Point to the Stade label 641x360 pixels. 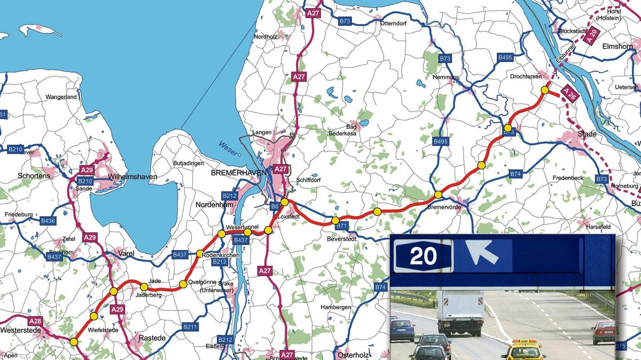click(x=587, y=134)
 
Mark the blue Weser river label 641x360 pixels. click(x=226, y=146)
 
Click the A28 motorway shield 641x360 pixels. click(x=35, y=321)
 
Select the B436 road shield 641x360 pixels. click(x=48, y=221)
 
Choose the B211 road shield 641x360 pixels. click(x=190, y=326)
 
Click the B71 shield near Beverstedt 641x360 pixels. click(x=342, y=226)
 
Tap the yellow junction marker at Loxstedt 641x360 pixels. click(x=285, y=202)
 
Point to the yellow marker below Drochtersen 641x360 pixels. click(x=544, y=90)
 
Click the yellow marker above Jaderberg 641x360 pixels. click(x=144, y=287)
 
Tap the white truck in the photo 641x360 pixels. click(x=460, y=312)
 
